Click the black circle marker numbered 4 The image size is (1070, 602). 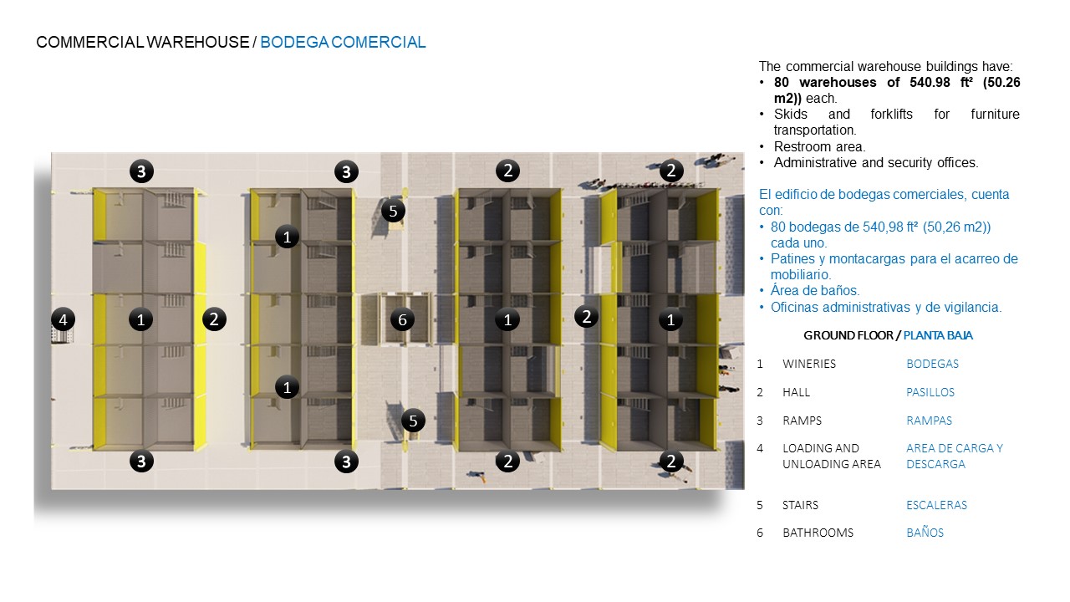point(63,319)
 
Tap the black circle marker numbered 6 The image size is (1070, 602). point(402,319)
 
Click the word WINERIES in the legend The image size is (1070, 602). point(808,364)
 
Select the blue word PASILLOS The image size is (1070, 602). point(930,392)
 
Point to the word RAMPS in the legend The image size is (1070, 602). point(802,421)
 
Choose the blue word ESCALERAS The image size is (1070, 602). point(936,505)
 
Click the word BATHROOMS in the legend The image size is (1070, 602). point(818,533)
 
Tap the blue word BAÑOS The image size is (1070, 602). point(925,533)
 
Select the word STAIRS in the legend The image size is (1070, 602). point(800,505)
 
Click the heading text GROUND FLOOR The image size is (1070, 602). point(848,335)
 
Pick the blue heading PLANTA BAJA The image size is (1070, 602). point(938,335)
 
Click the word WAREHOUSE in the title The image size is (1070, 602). point(198,42)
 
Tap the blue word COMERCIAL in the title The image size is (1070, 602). point(378,42)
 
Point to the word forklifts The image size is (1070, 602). point(891,115)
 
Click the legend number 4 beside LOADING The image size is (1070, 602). point(760,448)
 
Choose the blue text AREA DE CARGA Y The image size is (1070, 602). point(955,448)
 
